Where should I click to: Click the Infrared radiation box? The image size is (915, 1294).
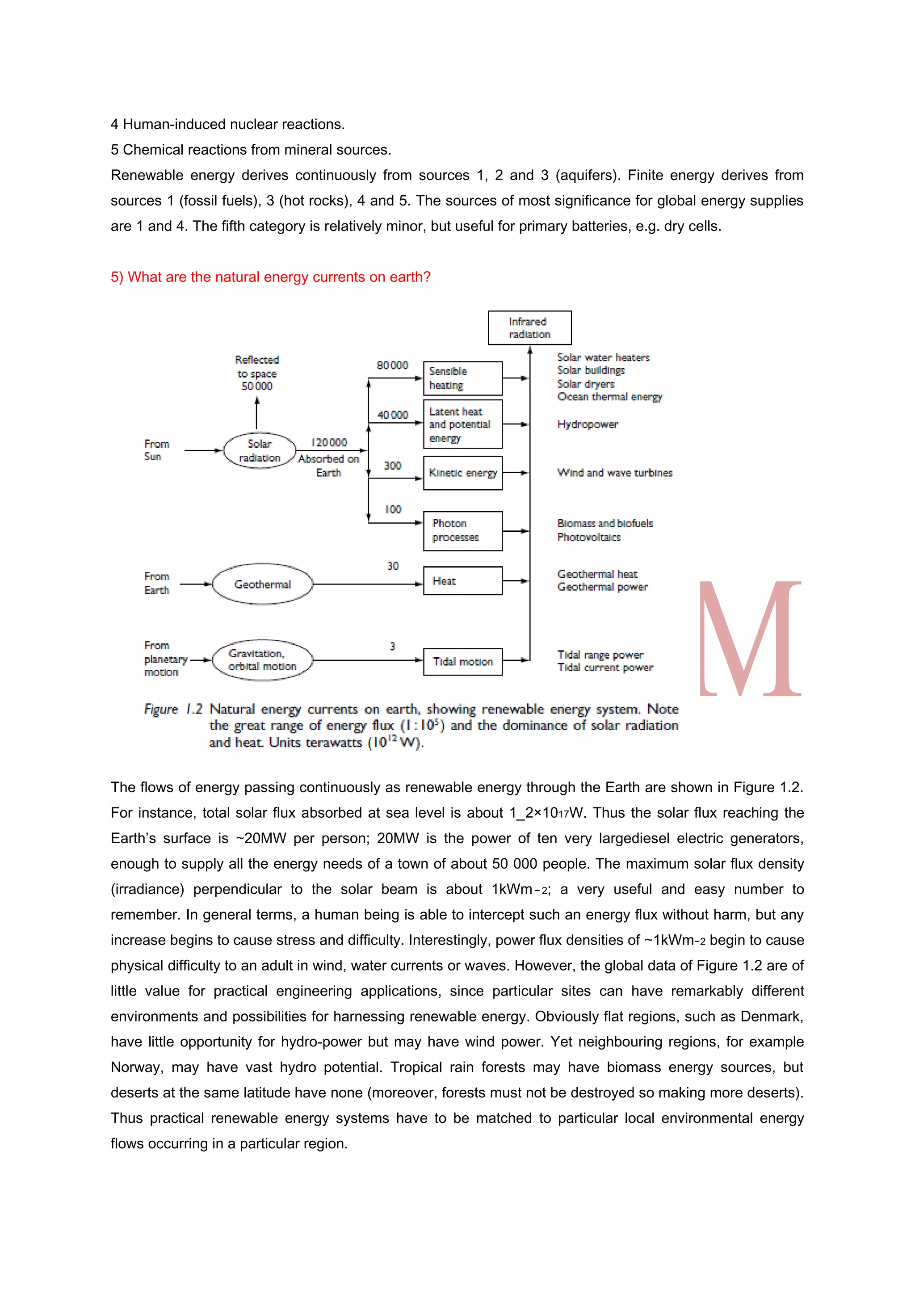(529, 328)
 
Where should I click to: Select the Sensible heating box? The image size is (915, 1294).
(462, 378)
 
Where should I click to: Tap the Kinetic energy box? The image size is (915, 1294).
(462, 473)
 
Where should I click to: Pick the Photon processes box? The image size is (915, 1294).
(462, 531)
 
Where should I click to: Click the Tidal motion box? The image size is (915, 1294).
(462, 662)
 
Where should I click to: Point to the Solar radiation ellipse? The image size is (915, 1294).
(259, 451)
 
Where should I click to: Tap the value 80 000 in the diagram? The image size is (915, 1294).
(392, 365)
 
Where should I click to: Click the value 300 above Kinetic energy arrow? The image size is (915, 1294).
(392, 466)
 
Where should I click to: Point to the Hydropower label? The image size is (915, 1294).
(587, 424)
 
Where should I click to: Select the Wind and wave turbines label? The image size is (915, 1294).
(614, 473)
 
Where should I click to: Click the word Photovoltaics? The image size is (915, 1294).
(588, 537)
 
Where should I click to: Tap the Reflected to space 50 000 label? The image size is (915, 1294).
(256, 373)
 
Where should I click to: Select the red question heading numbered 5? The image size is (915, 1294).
(270, 277)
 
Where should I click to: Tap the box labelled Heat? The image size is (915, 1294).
(462, 581)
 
